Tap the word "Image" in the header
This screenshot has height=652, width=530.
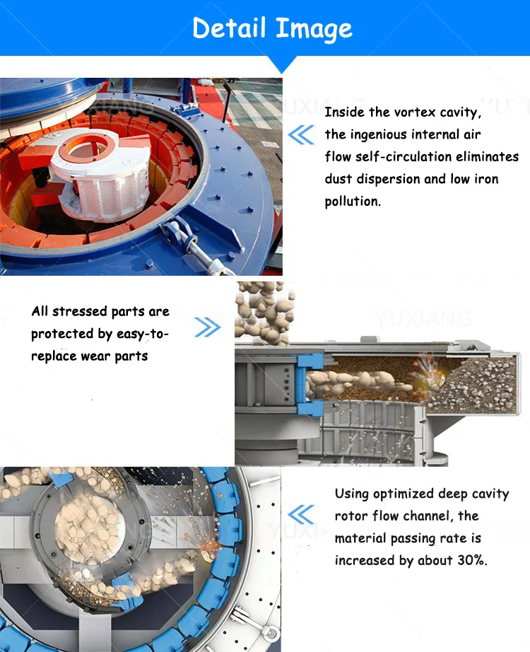[314, 30]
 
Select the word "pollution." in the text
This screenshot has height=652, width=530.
[353, 202]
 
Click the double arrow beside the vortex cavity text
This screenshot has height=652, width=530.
[302, 134]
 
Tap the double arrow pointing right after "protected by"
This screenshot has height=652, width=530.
[207, 327]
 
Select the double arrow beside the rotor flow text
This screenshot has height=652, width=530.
[302, 513]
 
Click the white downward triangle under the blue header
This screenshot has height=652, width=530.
[284, 65]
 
